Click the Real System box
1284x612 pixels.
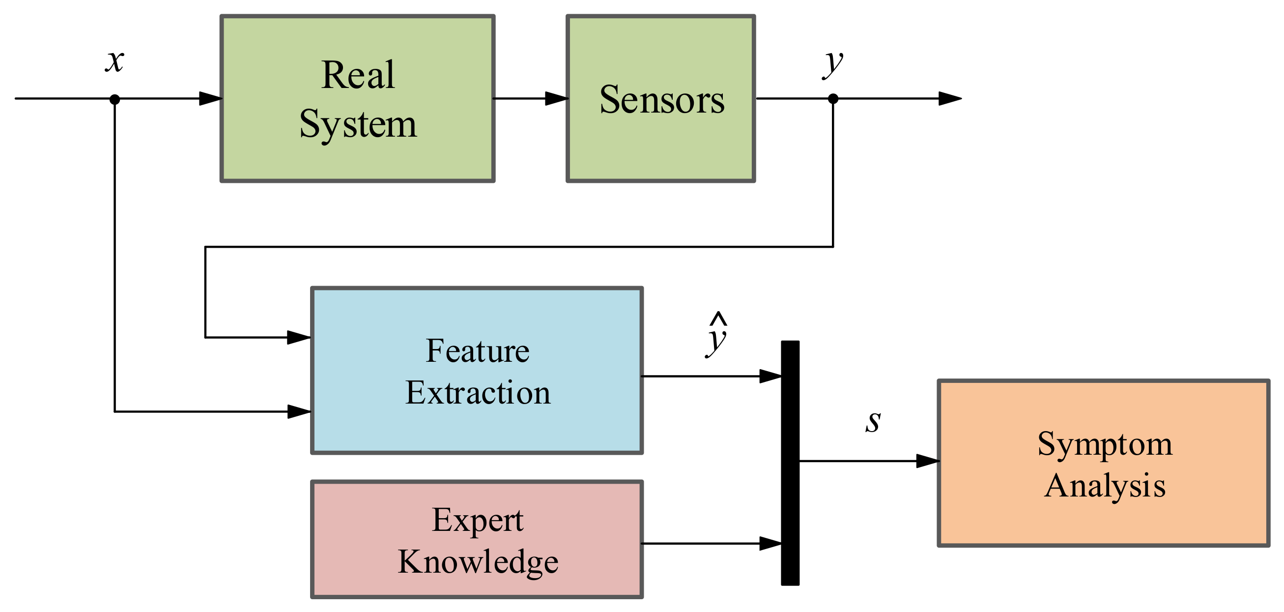(357, 99)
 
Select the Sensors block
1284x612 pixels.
(660, 99)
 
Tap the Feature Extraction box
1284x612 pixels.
(477, 371)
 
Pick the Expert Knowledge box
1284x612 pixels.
(477, 539)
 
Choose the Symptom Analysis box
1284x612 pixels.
(1104, 464)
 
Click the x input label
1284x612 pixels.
(114, 61)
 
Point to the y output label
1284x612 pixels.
(832, 63)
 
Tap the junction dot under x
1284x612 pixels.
(114, 99)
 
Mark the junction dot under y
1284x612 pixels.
(833, 99)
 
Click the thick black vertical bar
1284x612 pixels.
(790, 463)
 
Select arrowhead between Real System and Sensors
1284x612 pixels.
(556, 99)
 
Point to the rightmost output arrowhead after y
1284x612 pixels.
(949, 99)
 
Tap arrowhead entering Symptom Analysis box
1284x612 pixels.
(928, 462)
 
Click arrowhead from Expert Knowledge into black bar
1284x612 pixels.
(770, 544)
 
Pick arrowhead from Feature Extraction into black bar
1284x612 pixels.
(770, 377)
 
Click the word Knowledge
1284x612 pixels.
(478, 562)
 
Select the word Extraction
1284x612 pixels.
(478, 393)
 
